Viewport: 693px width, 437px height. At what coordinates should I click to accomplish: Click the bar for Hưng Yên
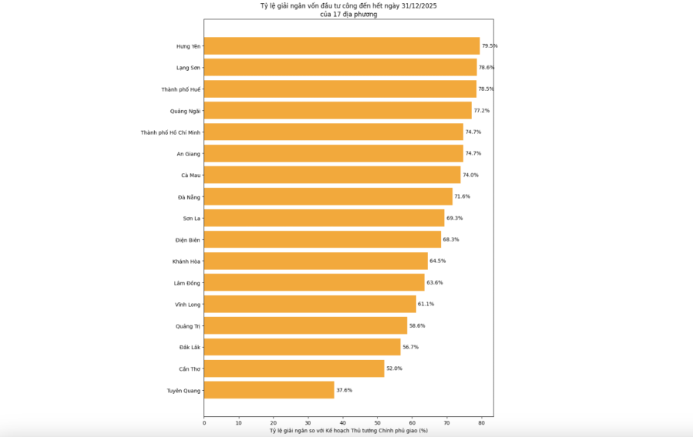341,46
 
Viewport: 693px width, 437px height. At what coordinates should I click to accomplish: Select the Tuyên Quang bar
269,390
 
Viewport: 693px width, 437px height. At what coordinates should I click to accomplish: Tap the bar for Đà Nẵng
328,197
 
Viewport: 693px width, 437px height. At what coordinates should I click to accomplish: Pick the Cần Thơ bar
294,369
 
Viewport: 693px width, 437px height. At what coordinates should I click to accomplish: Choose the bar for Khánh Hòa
316,261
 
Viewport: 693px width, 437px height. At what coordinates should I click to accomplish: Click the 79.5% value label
490,46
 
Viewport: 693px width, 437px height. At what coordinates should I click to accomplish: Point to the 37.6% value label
344,390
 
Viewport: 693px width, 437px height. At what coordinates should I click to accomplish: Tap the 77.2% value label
481,111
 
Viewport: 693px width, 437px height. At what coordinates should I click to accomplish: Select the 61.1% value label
426,304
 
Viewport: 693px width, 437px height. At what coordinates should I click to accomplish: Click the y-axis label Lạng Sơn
188,68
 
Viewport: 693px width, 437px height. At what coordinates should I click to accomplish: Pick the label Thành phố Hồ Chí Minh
170,132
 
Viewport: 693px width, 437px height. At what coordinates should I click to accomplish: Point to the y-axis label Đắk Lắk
189,347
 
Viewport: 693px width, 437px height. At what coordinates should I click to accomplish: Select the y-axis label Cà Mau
190,175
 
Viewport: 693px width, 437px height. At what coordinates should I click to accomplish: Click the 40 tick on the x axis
343,422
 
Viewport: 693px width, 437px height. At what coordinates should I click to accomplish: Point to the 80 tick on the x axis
481,422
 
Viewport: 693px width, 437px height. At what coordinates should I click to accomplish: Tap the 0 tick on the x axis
204,422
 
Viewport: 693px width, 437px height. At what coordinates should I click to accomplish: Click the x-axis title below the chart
348,430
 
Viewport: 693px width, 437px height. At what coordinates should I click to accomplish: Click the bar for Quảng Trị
305,325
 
